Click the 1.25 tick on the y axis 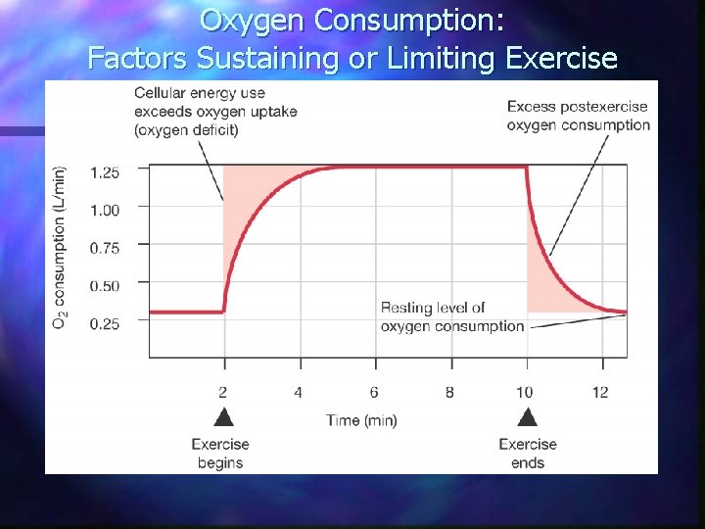click(105, 172)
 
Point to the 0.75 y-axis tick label click(105, 248)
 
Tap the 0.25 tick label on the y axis click(105, 323)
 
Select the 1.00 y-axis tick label click(105, 210)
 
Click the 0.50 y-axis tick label click(105, 286)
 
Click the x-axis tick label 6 click(374, 393)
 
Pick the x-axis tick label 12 click(600, 393)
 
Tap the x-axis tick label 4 click(299, 393)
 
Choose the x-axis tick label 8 click(449, 393)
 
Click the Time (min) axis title click(362, 420)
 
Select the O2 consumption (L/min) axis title click(61, 247)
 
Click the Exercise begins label click(220, 453)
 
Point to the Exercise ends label click(527, 453)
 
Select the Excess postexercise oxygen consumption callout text click(579, 115)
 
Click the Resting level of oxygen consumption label click(451, 317)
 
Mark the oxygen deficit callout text click(215, 111)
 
